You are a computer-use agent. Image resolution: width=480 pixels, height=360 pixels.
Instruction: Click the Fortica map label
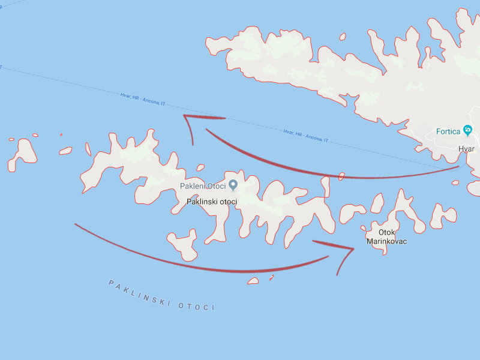[448, 131]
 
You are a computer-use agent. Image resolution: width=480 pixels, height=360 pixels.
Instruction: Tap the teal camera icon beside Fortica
[468, 131]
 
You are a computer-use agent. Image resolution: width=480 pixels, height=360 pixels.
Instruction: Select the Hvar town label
[466, 148]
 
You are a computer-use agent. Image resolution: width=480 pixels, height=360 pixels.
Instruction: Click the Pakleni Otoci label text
[203, 185]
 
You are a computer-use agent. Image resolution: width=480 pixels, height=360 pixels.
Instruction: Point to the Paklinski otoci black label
[212, 202]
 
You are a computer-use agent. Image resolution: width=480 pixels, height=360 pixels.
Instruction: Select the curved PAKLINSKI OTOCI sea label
[161, 295]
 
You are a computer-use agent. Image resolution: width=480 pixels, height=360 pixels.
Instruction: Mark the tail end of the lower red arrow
[75, 224]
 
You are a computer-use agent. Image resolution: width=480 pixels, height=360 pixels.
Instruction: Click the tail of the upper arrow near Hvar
[458, 167]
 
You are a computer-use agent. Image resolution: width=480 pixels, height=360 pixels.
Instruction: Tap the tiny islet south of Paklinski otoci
[254, 280]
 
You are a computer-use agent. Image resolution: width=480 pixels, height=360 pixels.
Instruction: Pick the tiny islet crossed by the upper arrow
[341, 176]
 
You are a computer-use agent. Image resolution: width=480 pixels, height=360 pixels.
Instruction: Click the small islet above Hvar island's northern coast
[343, 37]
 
